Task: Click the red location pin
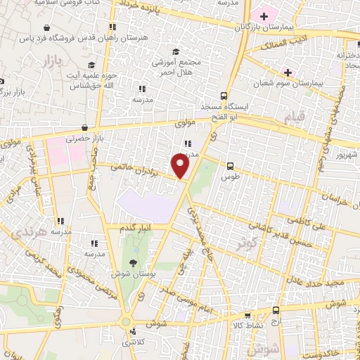point(181,166)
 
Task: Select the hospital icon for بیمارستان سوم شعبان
point(287,72)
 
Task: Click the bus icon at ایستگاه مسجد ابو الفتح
point(224,96)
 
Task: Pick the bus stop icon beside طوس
point(230,166)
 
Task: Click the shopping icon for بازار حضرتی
point(85,128)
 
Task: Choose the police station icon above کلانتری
point(127,322)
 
